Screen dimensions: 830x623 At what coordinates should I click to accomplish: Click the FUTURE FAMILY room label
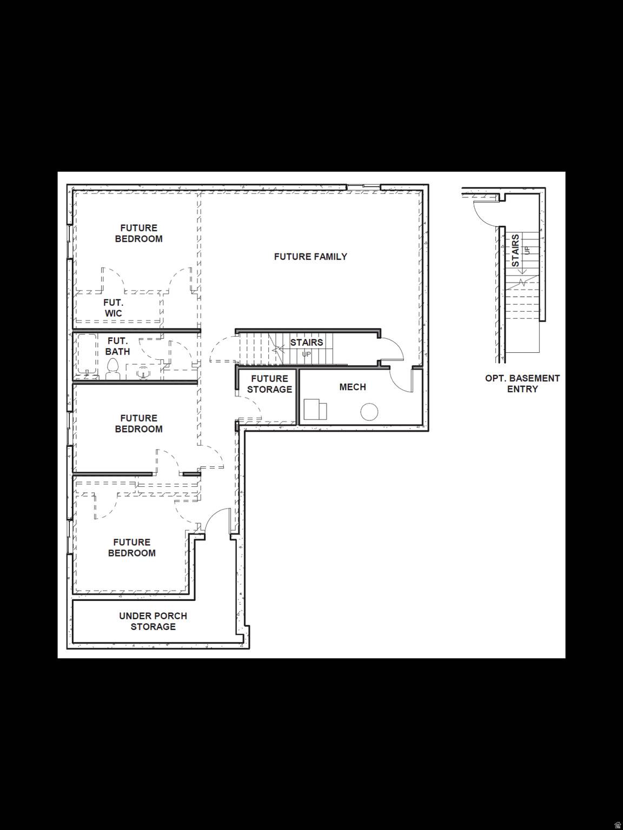coord(310,257)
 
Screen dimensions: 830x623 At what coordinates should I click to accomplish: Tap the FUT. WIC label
coord(113,308)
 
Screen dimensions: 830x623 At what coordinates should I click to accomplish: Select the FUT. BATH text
coord(117,346)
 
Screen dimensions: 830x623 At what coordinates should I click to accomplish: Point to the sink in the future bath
coord(143,372)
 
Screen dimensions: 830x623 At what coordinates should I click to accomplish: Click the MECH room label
coord(353,387)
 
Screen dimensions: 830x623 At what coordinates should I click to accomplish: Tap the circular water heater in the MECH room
coord(369,412)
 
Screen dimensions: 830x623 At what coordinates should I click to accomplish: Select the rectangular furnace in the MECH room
coord(315,410)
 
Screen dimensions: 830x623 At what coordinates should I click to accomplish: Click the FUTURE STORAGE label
coord(269,384)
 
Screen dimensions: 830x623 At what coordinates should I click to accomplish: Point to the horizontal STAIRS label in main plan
coord(307,343)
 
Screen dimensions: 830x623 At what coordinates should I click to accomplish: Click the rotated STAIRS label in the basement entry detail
coord(515,250)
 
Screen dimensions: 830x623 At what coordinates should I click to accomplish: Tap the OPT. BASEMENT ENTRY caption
coord(522,384)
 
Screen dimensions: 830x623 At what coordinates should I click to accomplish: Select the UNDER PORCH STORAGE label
coord(153,621)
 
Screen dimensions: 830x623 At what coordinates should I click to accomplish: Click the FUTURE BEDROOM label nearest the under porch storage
coord(131,547)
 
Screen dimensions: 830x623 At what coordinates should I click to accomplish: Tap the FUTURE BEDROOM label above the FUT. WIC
coord(138,233)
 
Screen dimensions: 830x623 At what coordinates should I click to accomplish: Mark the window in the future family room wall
coord(363,187)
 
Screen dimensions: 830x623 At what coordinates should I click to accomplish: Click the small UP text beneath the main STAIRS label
coord(307,354)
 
